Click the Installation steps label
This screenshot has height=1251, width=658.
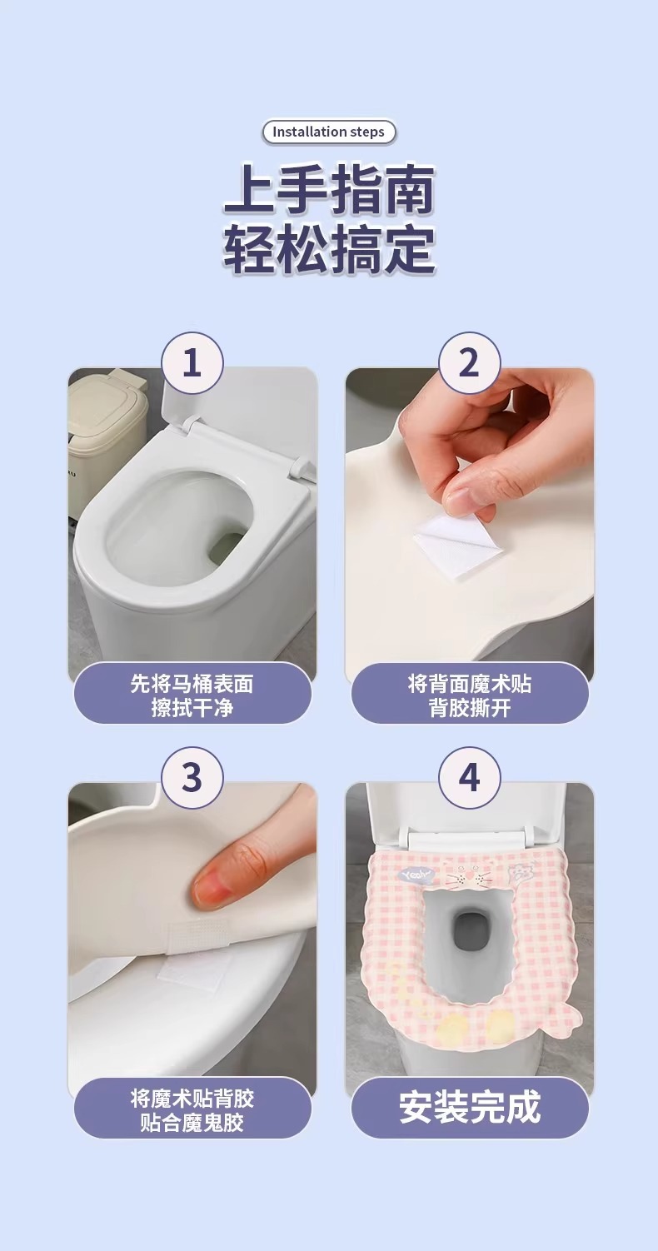tap(328, 132)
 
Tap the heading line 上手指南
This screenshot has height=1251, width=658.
tap(329, 190)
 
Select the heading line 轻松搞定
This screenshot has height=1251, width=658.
tap(329, 248)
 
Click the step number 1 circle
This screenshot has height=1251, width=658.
tap(192, 363)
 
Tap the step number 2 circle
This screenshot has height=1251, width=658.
tap(469, 363)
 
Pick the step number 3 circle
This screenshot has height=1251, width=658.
tap(192, 777)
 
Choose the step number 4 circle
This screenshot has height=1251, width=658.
tap(469, 777)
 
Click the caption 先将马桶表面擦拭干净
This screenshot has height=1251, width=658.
tap(192, 695)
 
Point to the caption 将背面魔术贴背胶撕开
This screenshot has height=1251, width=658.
tap(469, 695)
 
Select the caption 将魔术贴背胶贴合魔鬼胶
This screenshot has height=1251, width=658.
tap(192, 1110)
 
